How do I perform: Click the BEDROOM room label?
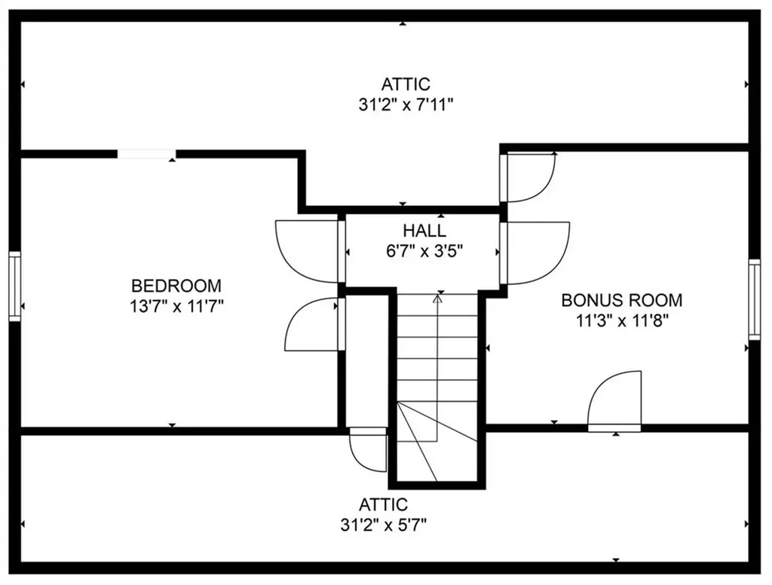[176, 286]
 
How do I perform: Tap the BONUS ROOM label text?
[622, 300]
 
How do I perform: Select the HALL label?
[424, 231]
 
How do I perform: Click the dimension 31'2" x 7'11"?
[405, 105]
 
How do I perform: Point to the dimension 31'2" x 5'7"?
[383, 525]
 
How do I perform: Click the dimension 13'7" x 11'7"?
[176, 307]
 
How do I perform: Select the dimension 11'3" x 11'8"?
[622, 321]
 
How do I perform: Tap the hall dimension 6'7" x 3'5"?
[424, 252]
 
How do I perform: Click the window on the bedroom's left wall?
[15, 286]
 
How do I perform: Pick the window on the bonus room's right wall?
[754, 299]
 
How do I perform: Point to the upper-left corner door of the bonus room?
[528, 177]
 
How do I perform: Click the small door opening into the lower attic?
[367, 449]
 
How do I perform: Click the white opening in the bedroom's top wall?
[147, 153]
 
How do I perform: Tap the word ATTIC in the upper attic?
[406, 84]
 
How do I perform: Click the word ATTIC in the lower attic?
[384, 505]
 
